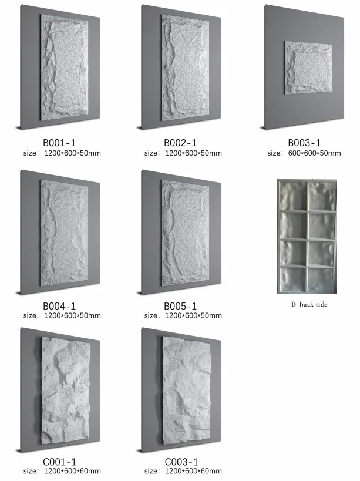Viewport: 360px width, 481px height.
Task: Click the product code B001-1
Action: pos(60,143)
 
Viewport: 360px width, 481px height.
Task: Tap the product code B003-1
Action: pos(304,143)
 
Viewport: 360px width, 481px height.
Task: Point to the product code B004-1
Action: pos(60,306)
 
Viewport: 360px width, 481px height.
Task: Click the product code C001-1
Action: pos(60,462)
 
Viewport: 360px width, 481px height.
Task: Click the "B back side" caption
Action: pos(309,304)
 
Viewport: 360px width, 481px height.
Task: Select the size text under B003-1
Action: pos(304,153)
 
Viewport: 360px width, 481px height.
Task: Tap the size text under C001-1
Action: pos(62,471)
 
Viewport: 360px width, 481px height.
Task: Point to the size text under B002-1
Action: pos(183,153)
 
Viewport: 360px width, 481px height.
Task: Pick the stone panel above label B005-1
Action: pos(184,233)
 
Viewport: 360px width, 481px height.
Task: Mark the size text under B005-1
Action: pos(183,315)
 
